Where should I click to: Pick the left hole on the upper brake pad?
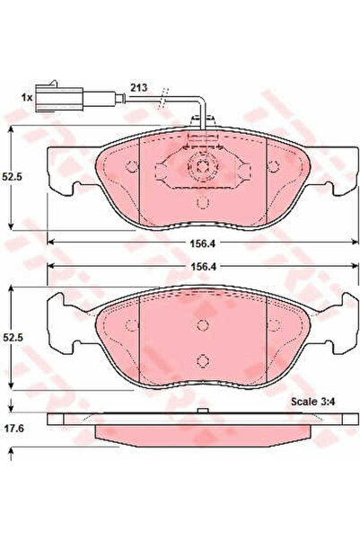pyautogui.click(x=132, y=166)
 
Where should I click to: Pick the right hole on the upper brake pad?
pyautogui.click(x=279, y=166)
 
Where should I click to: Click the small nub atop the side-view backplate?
pyautogui.click(x=205, y=412)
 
